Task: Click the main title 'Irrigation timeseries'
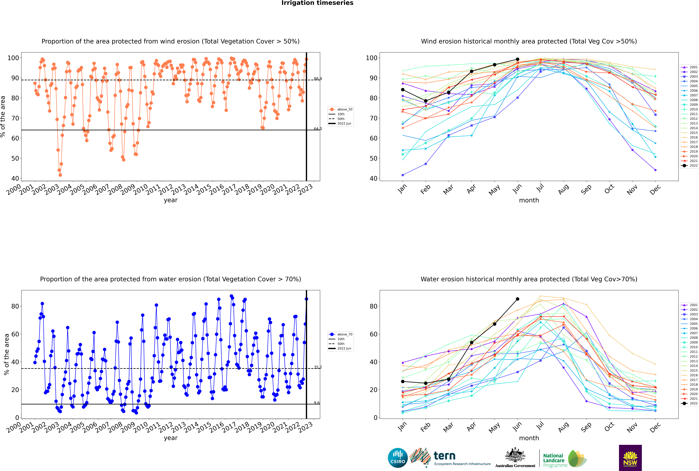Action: [317, 3]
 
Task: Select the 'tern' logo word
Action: [444, 456]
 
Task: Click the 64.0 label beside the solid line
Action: [318, 129]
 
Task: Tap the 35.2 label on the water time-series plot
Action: [318, 367]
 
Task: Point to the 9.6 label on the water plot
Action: [317, 403]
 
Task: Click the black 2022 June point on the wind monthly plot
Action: [517, 59]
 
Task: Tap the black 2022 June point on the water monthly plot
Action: [517, 299]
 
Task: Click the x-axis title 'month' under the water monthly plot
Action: [529, 438]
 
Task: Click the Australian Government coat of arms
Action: [515, 455]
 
